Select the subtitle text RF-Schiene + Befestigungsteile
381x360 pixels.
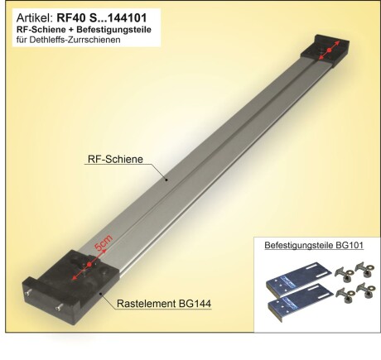point(70,28)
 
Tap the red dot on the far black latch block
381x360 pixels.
point(327,52)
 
